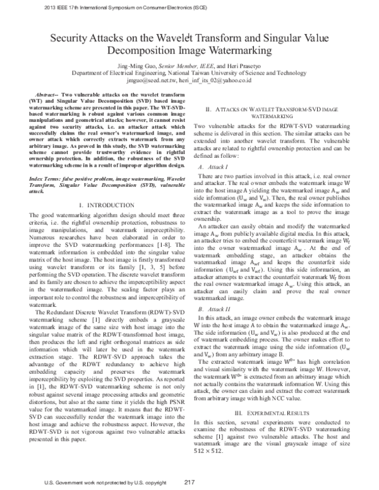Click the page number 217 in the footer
click(188, 483)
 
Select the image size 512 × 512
click(209, 450)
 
